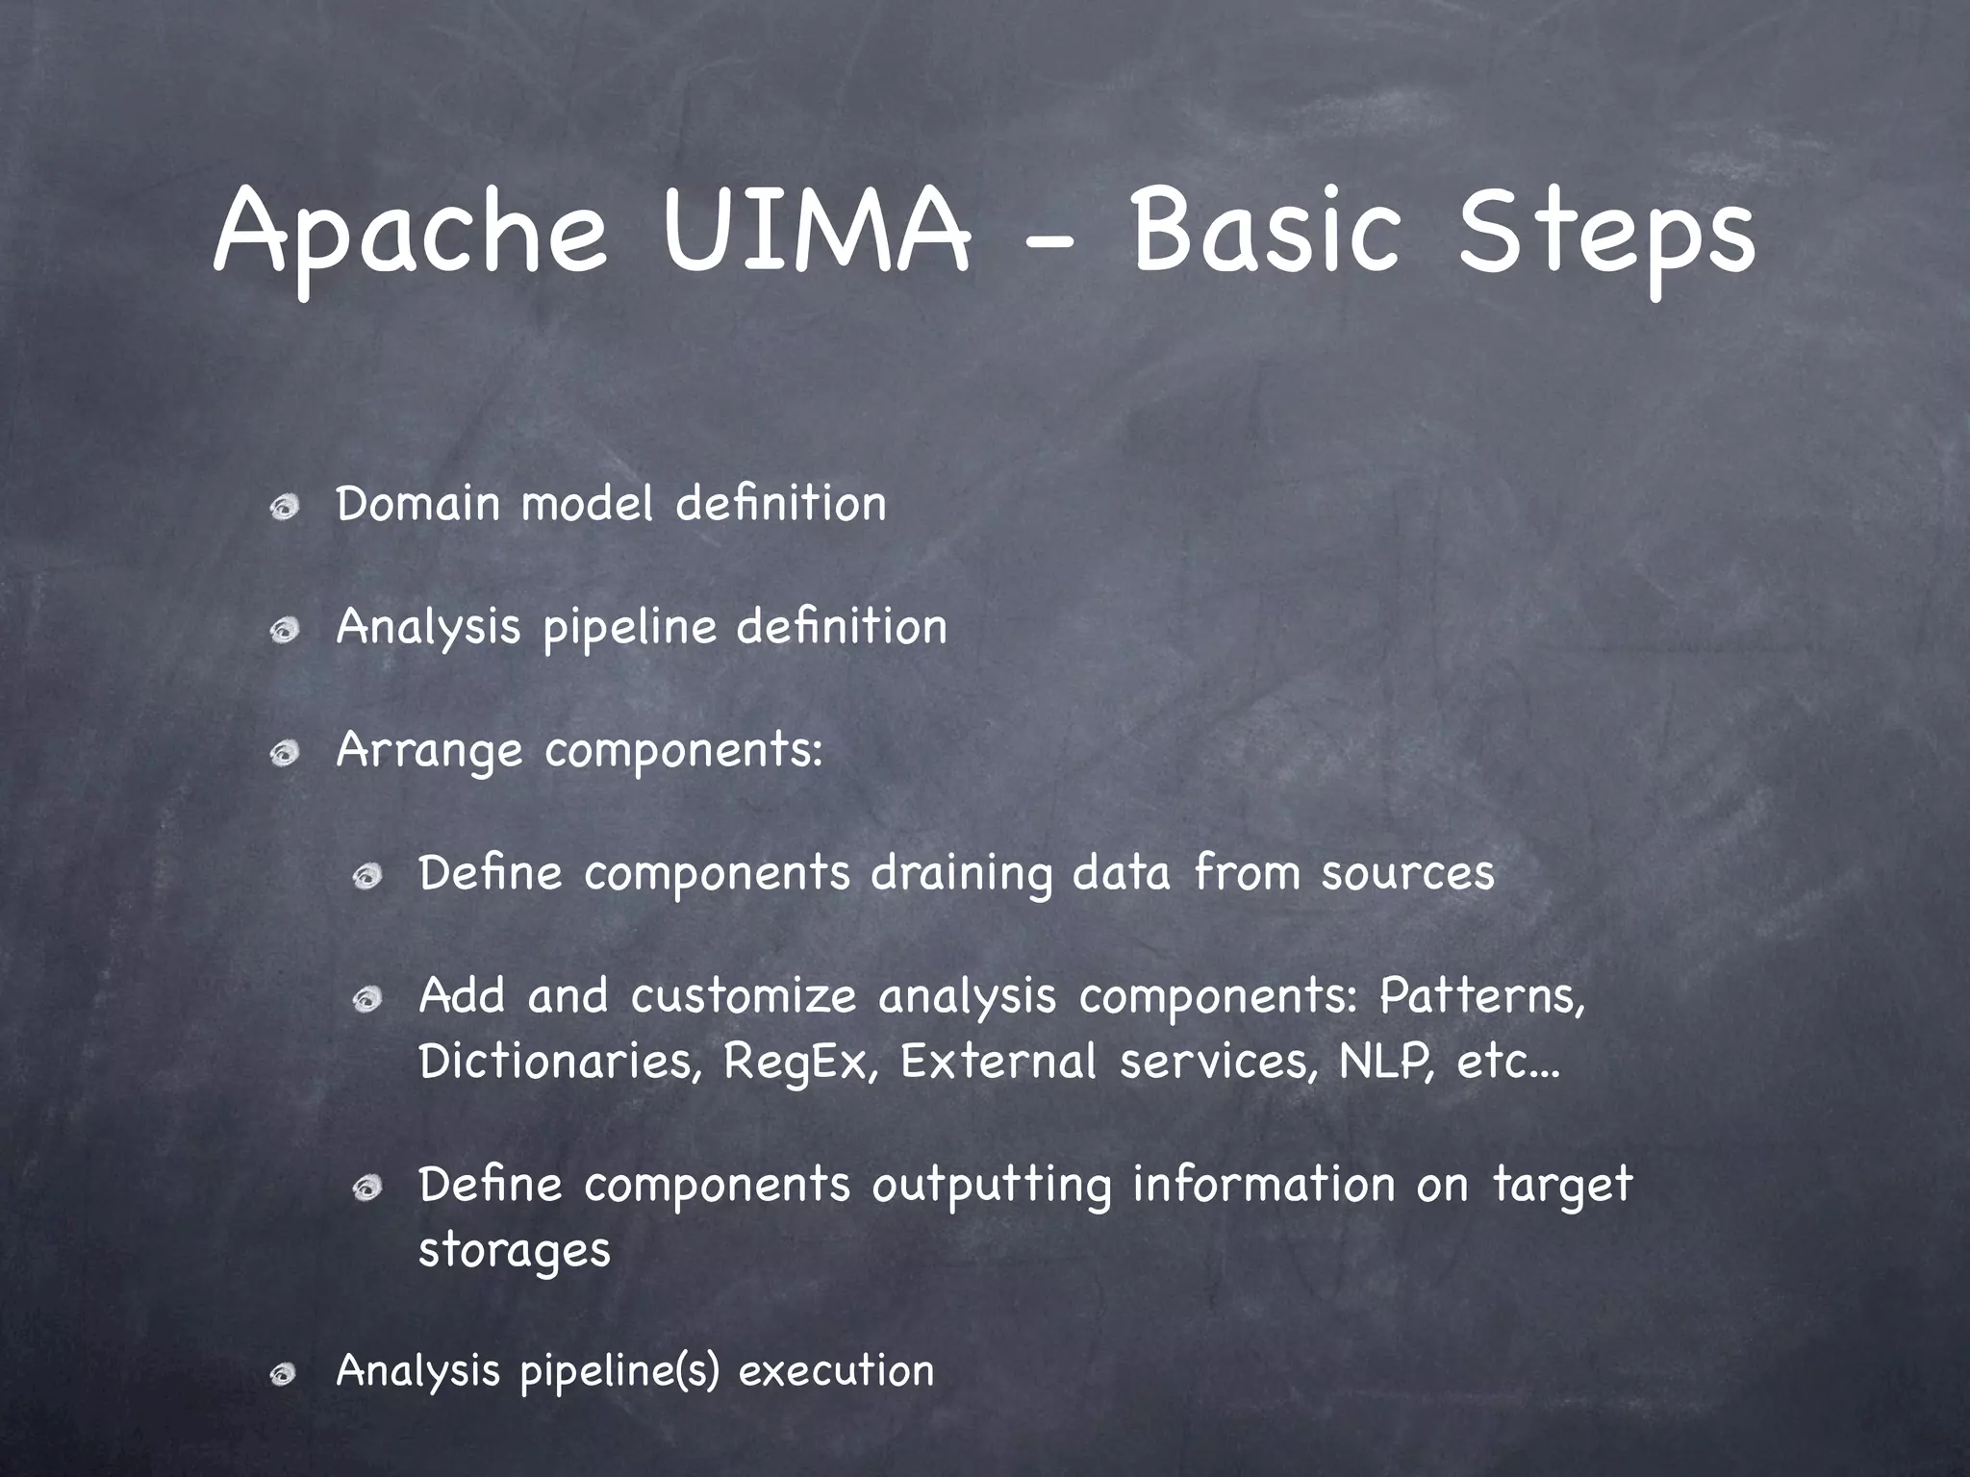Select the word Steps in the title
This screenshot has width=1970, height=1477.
point(1605,236)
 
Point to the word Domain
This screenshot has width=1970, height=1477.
point(417,503)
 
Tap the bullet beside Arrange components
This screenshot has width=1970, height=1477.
point(284,754)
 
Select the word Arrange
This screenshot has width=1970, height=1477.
point(429,751)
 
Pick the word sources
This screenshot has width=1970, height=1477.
point(1407,873)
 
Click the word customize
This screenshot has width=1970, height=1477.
point(744,996)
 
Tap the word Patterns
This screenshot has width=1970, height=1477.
point(1481,996)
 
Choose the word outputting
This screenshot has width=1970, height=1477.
point(991,1185)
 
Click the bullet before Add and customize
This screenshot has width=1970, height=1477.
point(366,1001)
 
